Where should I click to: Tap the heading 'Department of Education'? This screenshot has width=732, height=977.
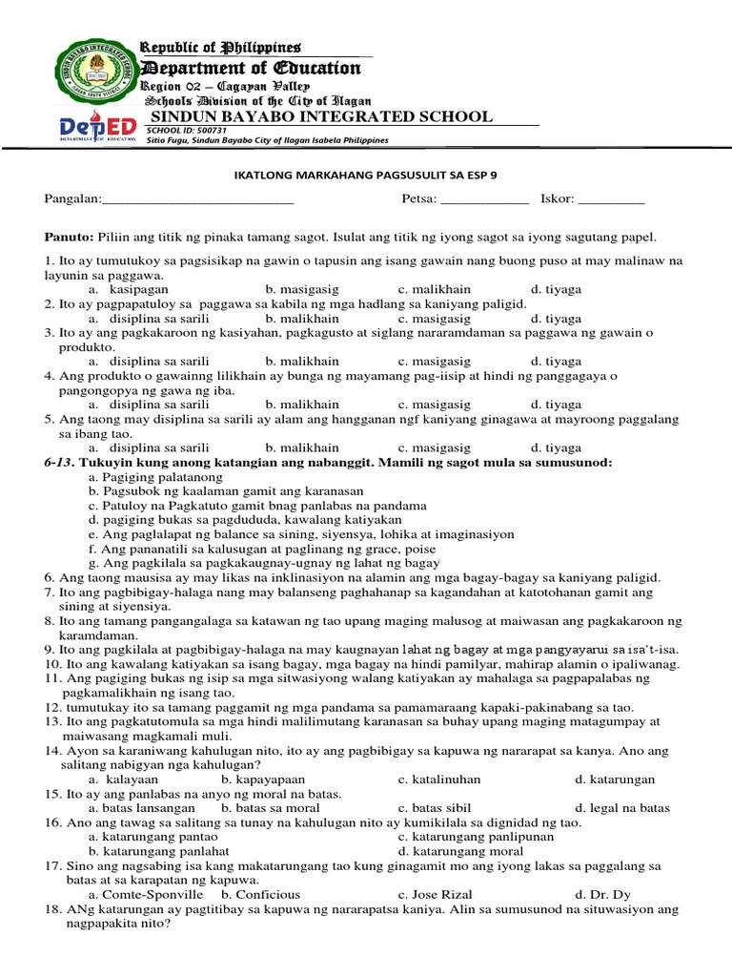251,68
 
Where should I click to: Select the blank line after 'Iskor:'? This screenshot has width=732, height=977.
611,200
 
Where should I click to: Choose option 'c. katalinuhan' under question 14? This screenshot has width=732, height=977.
439,780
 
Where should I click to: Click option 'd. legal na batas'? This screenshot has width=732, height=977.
622,807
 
